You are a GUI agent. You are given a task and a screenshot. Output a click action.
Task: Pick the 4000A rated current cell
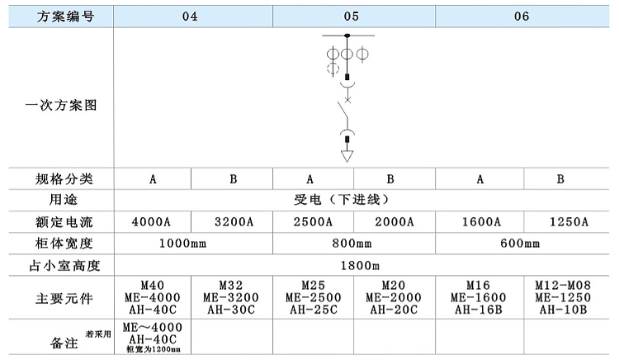pyautogui.click(x=153, y=221)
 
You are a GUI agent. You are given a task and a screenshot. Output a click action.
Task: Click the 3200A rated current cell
pyautogui.click(x=234, y=221)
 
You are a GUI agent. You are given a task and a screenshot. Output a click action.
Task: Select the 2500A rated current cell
pyautogui.click(x=313, y=221)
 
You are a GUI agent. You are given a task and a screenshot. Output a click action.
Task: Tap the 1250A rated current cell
pyautogui.click(x=568, y=221)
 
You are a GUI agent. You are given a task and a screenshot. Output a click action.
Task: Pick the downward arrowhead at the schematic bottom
pyautogui.click(x=347, y=155)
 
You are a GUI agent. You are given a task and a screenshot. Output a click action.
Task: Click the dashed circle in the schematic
pyautogui.click(x=333, y=69)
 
